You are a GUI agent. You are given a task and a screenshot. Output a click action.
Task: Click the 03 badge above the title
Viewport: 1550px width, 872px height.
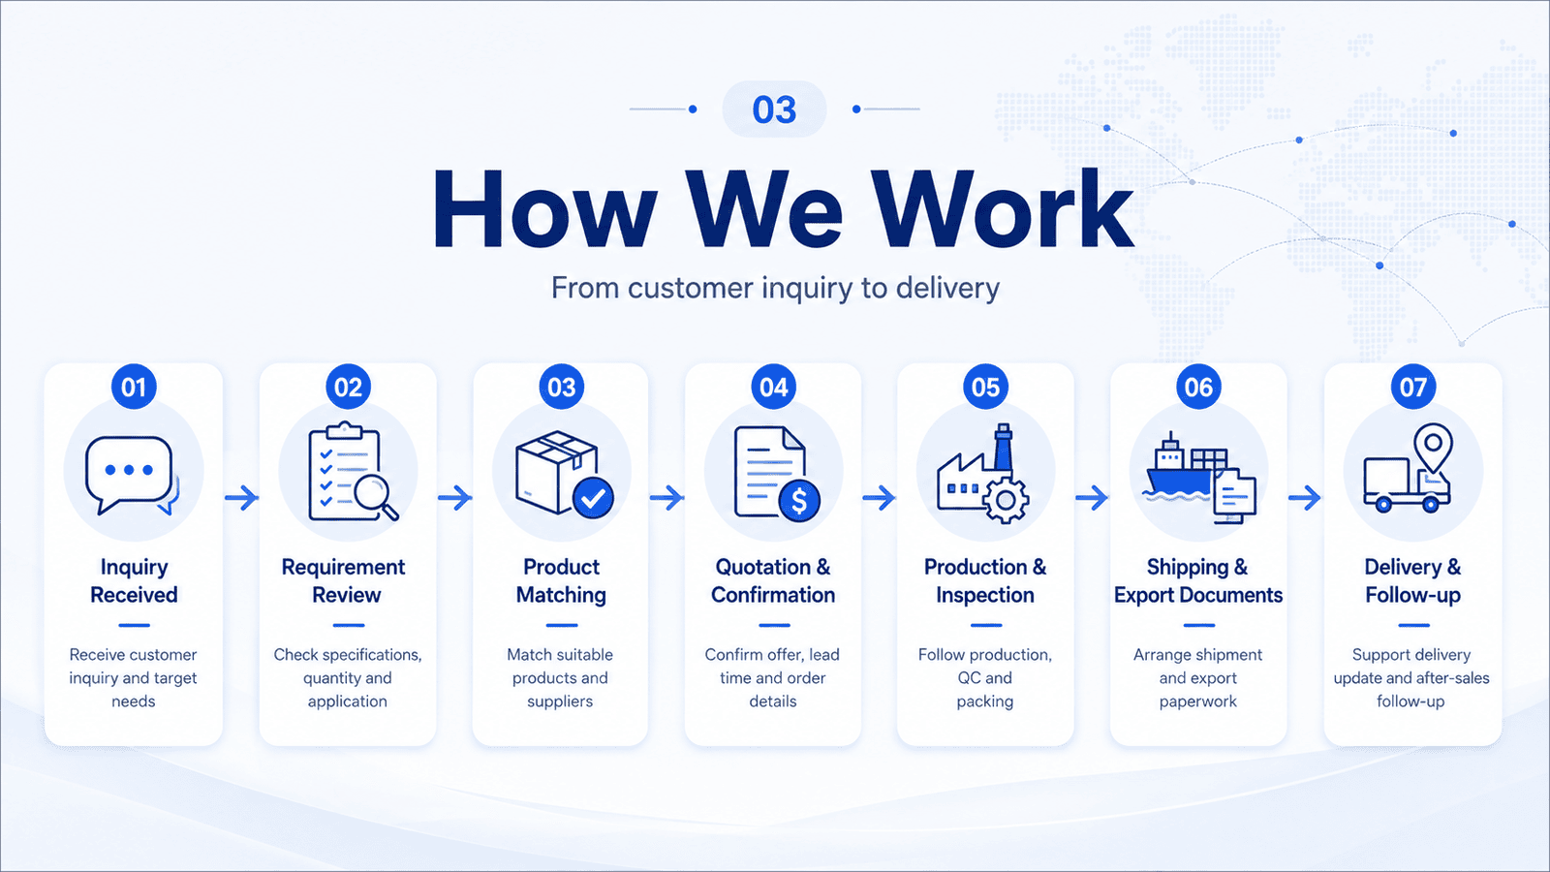coord(774,109)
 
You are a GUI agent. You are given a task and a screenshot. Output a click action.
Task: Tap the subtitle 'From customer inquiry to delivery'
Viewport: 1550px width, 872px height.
coord(775,288)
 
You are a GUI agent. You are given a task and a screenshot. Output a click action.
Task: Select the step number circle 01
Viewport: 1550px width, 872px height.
coord(135,387)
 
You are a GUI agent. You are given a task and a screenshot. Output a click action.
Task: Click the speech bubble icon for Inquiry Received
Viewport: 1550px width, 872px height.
coord(129,474)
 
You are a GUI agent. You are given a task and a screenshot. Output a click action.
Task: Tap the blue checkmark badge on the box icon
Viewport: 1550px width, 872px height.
coord(593,498)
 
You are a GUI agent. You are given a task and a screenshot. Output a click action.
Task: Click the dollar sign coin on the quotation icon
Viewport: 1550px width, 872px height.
coord(799,500)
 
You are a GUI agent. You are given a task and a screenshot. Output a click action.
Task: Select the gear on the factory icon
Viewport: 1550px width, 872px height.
coord(1006,500)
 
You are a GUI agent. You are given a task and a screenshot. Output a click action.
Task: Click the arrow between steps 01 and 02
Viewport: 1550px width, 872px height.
coord(241,498)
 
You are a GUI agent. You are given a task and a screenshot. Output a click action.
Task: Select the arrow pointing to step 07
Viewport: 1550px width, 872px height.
coord(1304,498)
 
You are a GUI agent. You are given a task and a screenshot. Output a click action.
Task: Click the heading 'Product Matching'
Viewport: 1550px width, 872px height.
coord(561,580)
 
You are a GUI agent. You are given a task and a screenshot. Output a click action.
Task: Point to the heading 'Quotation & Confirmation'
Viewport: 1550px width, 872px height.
coord(773,580)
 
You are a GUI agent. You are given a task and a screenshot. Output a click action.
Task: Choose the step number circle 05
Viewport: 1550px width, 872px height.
coord(986,387)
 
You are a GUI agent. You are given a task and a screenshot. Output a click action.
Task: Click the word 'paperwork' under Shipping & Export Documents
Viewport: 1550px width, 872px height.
coord(1197,701)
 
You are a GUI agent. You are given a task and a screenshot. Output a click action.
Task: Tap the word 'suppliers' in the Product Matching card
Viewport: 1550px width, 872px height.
coord(560,701)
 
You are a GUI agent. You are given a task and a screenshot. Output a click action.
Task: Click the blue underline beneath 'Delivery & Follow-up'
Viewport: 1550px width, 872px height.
coord(1413,626)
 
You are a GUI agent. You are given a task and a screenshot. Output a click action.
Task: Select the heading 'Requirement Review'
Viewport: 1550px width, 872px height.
coord(344,580)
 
